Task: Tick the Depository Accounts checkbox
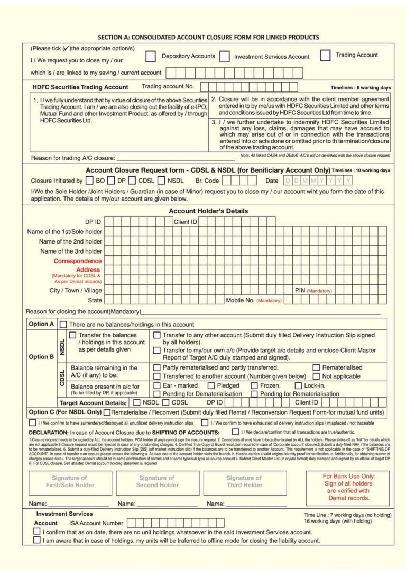[151, 56]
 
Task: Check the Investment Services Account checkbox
[224, 56]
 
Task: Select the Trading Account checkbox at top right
[326, 55]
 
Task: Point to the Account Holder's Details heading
[208, 211]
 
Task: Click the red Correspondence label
[77, 261]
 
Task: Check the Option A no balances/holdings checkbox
[63, 325]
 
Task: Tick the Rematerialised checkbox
[317, 367]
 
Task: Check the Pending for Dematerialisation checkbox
[157, 394]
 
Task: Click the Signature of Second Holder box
[157, 481]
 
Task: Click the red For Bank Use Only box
[348, 487]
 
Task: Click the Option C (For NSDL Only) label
[65, 412]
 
